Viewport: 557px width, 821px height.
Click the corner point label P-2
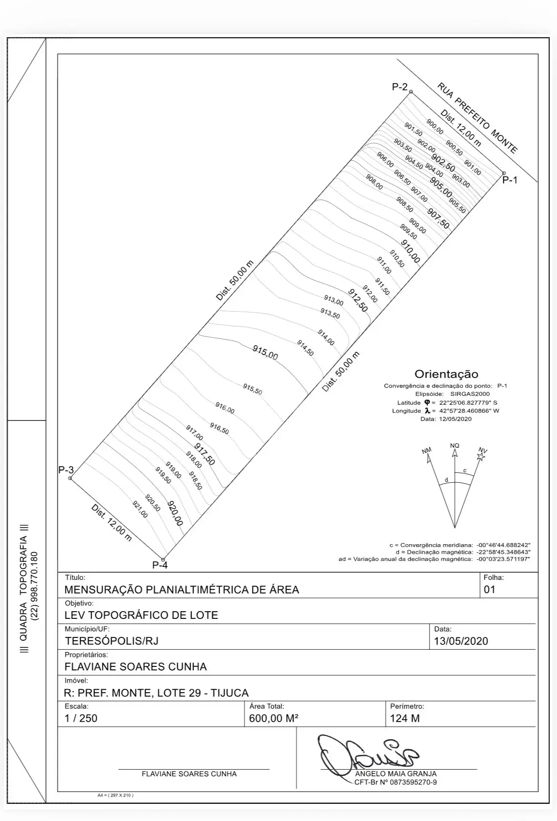(x=399, y=87)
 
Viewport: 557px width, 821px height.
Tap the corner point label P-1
(x=510, y=180)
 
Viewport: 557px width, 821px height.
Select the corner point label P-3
(x=66, y=470)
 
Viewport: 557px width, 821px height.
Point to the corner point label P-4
(x=160, y=566)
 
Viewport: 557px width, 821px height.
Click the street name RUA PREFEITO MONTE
(x=477, y=118)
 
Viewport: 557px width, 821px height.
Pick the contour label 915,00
(x=265, y=352)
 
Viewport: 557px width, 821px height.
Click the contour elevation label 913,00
(x=334, y=300)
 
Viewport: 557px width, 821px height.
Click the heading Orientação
(x=446, y=374)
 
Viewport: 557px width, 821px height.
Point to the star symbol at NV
(x=481, y=457)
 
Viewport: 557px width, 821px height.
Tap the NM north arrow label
(x=427, y=450)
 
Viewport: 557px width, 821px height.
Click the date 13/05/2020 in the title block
(x=461, y=641)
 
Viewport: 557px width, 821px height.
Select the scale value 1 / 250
(x=81, y=718)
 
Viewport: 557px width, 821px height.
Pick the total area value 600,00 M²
(x=274, y=718)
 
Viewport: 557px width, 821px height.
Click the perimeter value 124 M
(x=405, y=718)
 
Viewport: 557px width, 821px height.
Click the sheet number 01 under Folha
(x=489, y=589)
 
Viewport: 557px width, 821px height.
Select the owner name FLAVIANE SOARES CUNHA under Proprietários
(x=136, y=666)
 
